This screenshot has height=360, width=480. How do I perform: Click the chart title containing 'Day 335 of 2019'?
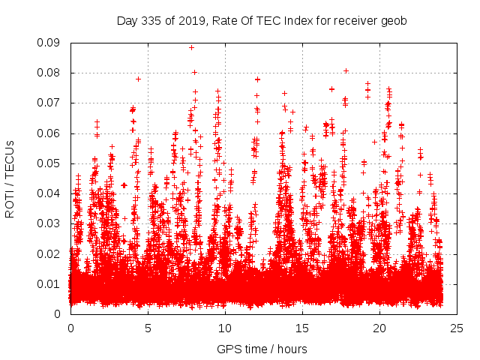tap(262, 21)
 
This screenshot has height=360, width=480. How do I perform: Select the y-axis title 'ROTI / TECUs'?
tap(10, 178)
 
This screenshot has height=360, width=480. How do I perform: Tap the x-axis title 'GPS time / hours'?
tap(262, 349)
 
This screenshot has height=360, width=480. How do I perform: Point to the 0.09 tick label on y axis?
tap(50, 43)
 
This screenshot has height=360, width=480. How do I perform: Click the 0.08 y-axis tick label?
tap(50, 73)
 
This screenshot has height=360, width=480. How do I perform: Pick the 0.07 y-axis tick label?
tap(50, 103)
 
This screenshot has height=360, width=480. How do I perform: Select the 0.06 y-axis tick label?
tap(50, 133)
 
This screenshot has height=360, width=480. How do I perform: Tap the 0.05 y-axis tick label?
tap(50, 163)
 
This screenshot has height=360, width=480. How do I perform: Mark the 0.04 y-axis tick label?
tap(50, 193)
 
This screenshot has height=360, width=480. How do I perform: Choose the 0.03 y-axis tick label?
tap(50, 223)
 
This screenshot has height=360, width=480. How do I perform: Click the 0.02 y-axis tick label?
tap(50, 253)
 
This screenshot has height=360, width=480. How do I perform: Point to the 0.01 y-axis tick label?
tap(50, 283)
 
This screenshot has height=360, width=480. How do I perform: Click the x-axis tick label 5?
tap(148, 328)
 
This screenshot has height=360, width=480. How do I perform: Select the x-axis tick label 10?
tap(225, 328)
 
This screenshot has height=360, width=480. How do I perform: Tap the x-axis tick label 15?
tap(302, 328)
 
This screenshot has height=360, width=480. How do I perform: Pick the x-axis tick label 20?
tap(379, 328)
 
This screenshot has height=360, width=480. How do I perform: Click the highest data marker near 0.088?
tap(191, 47)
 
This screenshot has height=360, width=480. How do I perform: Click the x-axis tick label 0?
tap(70, 328)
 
